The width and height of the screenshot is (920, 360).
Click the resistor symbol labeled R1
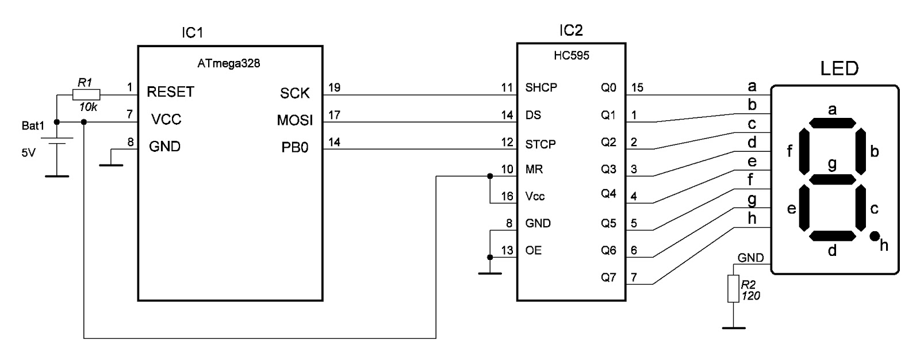coord(86,95)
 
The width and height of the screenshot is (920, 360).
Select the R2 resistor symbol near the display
coord(733,288)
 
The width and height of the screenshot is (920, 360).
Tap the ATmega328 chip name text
coord(228,64)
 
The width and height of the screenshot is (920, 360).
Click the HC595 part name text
coord(571,56)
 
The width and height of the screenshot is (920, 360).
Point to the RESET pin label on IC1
coord(170,92)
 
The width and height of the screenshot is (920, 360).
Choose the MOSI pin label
coord(294,120)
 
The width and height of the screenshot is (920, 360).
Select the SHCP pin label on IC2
coord(540,88)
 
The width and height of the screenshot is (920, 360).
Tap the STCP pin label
coord(540,144)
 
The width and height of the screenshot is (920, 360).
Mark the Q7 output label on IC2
coord(608,277)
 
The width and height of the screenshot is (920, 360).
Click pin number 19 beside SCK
coord(334,87)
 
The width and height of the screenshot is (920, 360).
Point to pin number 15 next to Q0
coord(637,87)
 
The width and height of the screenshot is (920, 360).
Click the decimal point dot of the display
coord(874,236)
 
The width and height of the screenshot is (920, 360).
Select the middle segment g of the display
coord(831,179)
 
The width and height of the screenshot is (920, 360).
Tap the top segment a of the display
coord(831,123)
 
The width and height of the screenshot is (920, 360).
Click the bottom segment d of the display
coord(831,236)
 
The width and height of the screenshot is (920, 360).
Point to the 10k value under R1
coord(88,107)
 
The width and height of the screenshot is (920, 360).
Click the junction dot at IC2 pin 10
coord(489,176)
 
